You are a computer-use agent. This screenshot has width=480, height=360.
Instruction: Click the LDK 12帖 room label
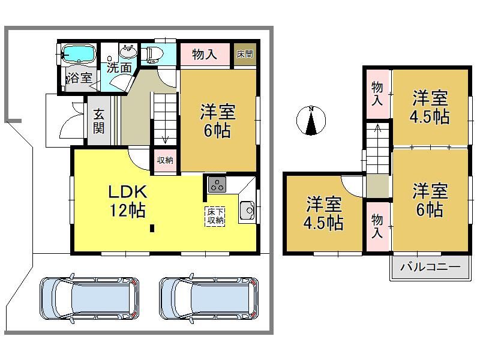tap(127, 201)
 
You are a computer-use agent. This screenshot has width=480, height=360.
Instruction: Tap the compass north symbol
tap(311, 121)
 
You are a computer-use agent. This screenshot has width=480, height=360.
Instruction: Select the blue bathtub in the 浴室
tap(79, 54)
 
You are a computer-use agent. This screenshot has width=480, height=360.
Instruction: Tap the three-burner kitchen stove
tap(217, 184)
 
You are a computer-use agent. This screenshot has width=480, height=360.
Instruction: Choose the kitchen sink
tap(247, 211)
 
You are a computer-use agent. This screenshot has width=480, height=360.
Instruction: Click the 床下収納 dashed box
tap(215, 217)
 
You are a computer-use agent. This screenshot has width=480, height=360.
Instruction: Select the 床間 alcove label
tap(245, 54)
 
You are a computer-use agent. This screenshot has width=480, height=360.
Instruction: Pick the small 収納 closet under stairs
tap(165, 160)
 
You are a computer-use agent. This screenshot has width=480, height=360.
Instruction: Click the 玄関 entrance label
tap(99, 121)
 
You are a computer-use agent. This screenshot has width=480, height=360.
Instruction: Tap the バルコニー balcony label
tap(430, 267)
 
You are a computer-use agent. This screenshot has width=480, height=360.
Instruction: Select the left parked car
tap(89, 298)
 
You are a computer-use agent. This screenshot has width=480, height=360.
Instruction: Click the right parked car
tap(209, 298)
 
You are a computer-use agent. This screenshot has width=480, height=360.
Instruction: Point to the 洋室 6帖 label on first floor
tap(218, 121)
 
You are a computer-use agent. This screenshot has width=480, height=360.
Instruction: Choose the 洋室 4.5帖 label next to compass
tap(430, 107)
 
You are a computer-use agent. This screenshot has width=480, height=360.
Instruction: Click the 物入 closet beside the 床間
tap(205, 54)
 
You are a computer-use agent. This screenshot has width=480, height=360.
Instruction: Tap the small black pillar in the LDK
tap(152, 229)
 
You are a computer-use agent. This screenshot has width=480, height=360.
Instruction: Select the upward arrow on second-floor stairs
tap(378, 128)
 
